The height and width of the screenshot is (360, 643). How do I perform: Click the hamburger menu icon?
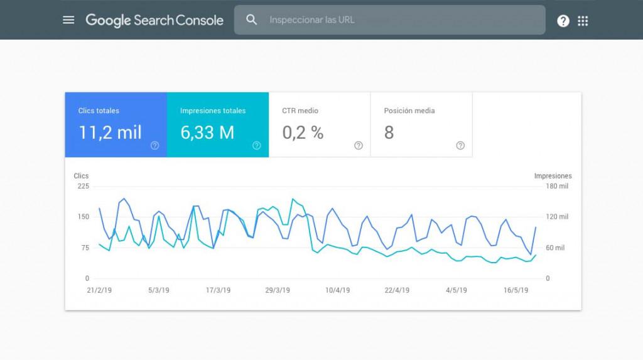68,20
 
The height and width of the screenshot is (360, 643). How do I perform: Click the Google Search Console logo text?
154,20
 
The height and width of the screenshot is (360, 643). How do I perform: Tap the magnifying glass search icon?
252,20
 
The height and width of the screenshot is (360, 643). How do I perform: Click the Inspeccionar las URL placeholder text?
312,20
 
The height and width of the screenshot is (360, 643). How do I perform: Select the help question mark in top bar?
563,21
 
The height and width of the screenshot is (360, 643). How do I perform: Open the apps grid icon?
583,21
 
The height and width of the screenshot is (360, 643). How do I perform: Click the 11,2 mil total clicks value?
110,133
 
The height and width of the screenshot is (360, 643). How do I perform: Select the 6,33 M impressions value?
207,133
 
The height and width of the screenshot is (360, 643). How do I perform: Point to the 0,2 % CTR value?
303,133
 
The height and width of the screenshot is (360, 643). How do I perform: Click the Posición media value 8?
389,133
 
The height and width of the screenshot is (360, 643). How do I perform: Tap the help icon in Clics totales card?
154,146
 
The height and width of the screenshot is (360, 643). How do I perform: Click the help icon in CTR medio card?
359,146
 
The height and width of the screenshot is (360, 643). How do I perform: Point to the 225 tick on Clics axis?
83,187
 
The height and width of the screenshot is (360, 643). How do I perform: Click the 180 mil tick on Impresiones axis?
556,187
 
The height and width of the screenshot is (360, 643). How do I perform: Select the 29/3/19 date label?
278,290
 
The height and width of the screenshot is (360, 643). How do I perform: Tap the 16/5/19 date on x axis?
516,290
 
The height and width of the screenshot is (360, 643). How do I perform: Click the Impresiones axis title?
553,176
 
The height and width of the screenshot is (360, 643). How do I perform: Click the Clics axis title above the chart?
81,176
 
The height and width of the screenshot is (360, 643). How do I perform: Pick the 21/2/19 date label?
99,290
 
